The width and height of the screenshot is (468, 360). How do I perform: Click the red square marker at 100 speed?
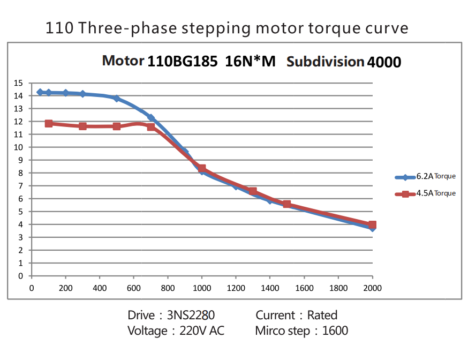[x=49, y=123]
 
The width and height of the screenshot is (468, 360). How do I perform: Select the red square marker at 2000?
[x=372, y=225]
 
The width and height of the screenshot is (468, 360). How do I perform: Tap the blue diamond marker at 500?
[x=116, y=98]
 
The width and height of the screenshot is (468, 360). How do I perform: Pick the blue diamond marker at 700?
[x=151, y=118]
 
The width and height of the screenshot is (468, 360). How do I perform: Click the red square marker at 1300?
[x=253, y=191]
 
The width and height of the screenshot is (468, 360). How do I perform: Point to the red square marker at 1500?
[x=287, y=204]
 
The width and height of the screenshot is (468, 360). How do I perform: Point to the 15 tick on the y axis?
[x=19, y=83]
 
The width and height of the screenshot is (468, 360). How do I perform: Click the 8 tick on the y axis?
[x=20, y=173]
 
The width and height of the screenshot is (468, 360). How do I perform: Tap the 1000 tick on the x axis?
[x=202, y=288]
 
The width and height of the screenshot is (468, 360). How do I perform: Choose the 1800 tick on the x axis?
[x=338, y=288]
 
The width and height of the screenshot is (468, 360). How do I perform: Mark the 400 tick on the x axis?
[x=100, y=288]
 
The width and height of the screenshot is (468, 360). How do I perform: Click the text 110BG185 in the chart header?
[x=182, y=61]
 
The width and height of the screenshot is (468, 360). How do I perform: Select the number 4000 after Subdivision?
[x=384, y=62]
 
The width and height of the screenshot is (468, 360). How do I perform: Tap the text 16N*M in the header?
[x=250, y=61]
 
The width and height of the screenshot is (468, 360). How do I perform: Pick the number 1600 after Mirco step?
[x=335, y=331]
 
